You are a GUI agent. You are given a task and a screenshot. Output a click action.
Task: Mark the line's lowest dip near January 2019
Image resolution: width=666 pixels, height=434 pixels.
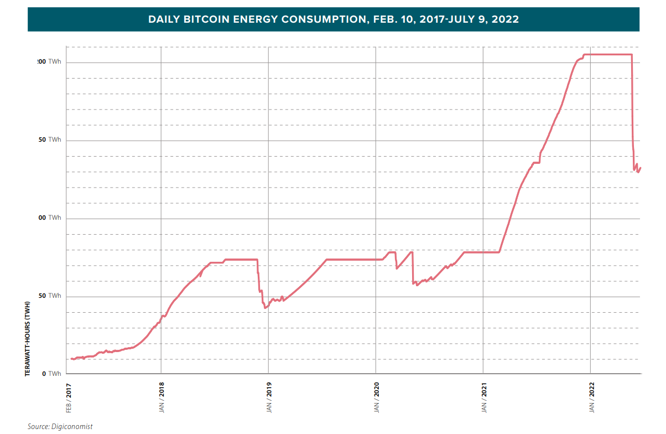pos(266,307)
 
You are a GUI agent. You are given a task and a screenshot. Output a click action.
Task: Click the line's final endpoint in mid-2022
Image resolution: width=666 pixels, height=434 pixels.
pos(641,168)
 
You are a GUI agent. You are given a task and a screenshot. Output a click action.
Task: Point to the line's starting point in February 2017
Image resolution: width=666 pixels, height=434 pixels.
pos(71,359)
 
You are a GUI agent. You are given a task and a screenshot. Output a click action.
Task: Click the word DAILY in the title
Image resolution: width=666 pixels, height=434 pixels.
pos(163,19)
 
